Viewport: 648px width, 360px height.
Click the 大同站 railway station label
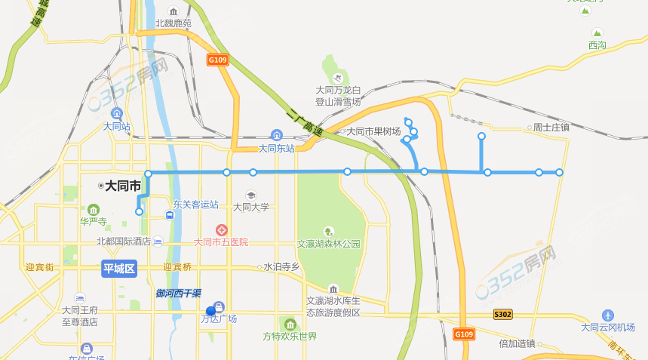coord(117,127)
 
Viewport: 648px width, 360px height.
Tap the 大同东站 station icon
coord(276,135)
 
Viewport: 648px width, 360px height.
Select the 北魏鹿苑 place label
coord(174,23)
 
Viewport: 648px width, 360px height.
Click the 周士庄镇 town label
coord(551,128)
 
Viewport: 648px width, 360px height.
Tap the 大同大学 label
coord(251,206)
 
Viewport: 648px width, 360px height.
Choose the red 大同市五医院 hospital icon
coord(222,229)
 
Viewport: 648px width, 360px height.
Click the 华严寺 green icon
coord(93,209)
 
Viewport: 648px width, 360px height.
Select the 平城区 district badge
coord(118,269)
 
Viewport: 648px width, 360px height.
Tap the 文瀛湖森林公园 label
coord(329,244)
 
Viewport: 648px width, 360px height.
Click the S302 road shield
coord(503,313)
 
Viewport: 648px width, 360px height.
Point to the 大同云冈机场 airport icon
coord(608,315)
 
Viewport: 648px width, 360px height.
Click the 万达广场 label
coord(219,318)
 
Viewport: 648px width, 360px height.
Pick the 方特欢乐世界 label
coord(290,336)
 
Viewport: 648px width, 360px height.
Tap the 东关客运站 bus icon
coord(170,215)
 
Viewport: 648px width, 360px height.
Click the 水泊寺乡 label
coord(281,266)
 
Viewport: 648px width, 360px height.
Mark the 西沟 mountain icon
coord(597,33)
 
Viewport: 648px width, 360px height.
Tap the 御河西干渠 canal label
coord(179,293)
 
